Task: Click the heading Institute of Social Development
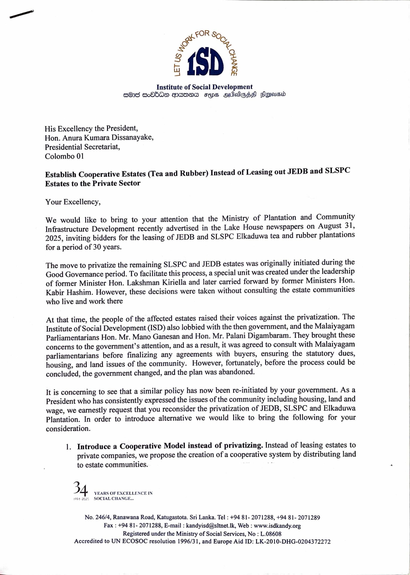(x=204, y=87)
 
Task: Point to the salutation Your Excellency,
(x=73, y=202)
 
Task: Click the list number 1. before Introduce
(x=68, y=447)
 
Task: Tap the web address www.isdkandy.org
(x=277, y=526)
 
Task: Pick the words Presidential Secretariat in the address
(x=82, y=147)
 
